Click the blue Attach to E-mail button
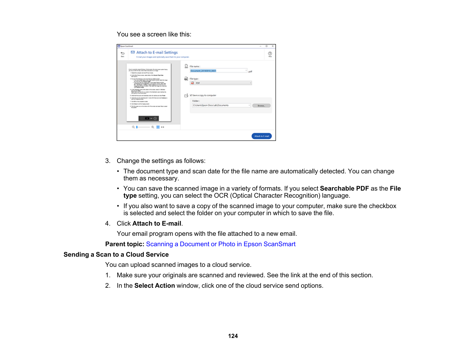(x=262, y=136)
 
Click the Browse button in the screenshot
(x=261, y=106)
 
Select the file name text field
(x=218, y=71)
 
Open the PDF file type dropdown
(x=221, y=83)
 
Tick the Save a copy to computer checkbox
(x=191, y=95)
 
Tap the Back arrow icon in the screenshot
(x=123, y=53)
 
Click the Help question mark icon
(x=270, y=54)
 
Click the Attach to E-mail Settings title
(x=157, y=53)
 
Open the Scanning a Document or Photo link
(x=221, y=244)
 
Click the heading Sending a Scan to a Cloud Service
(x=116, y=254)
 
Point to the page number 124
(x=233, y=336)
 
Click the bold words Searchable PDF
(x=344, y=188)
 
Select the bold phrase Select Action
(x=154, y=285)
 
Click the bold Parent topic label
(x=125, y=244)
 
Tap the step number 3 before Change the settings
(x=107, y=161)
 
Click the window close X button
(x=273, y=46)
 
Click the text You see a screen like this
(x=154, y=34)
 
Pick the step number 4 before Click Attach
(x=107, y=224)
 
